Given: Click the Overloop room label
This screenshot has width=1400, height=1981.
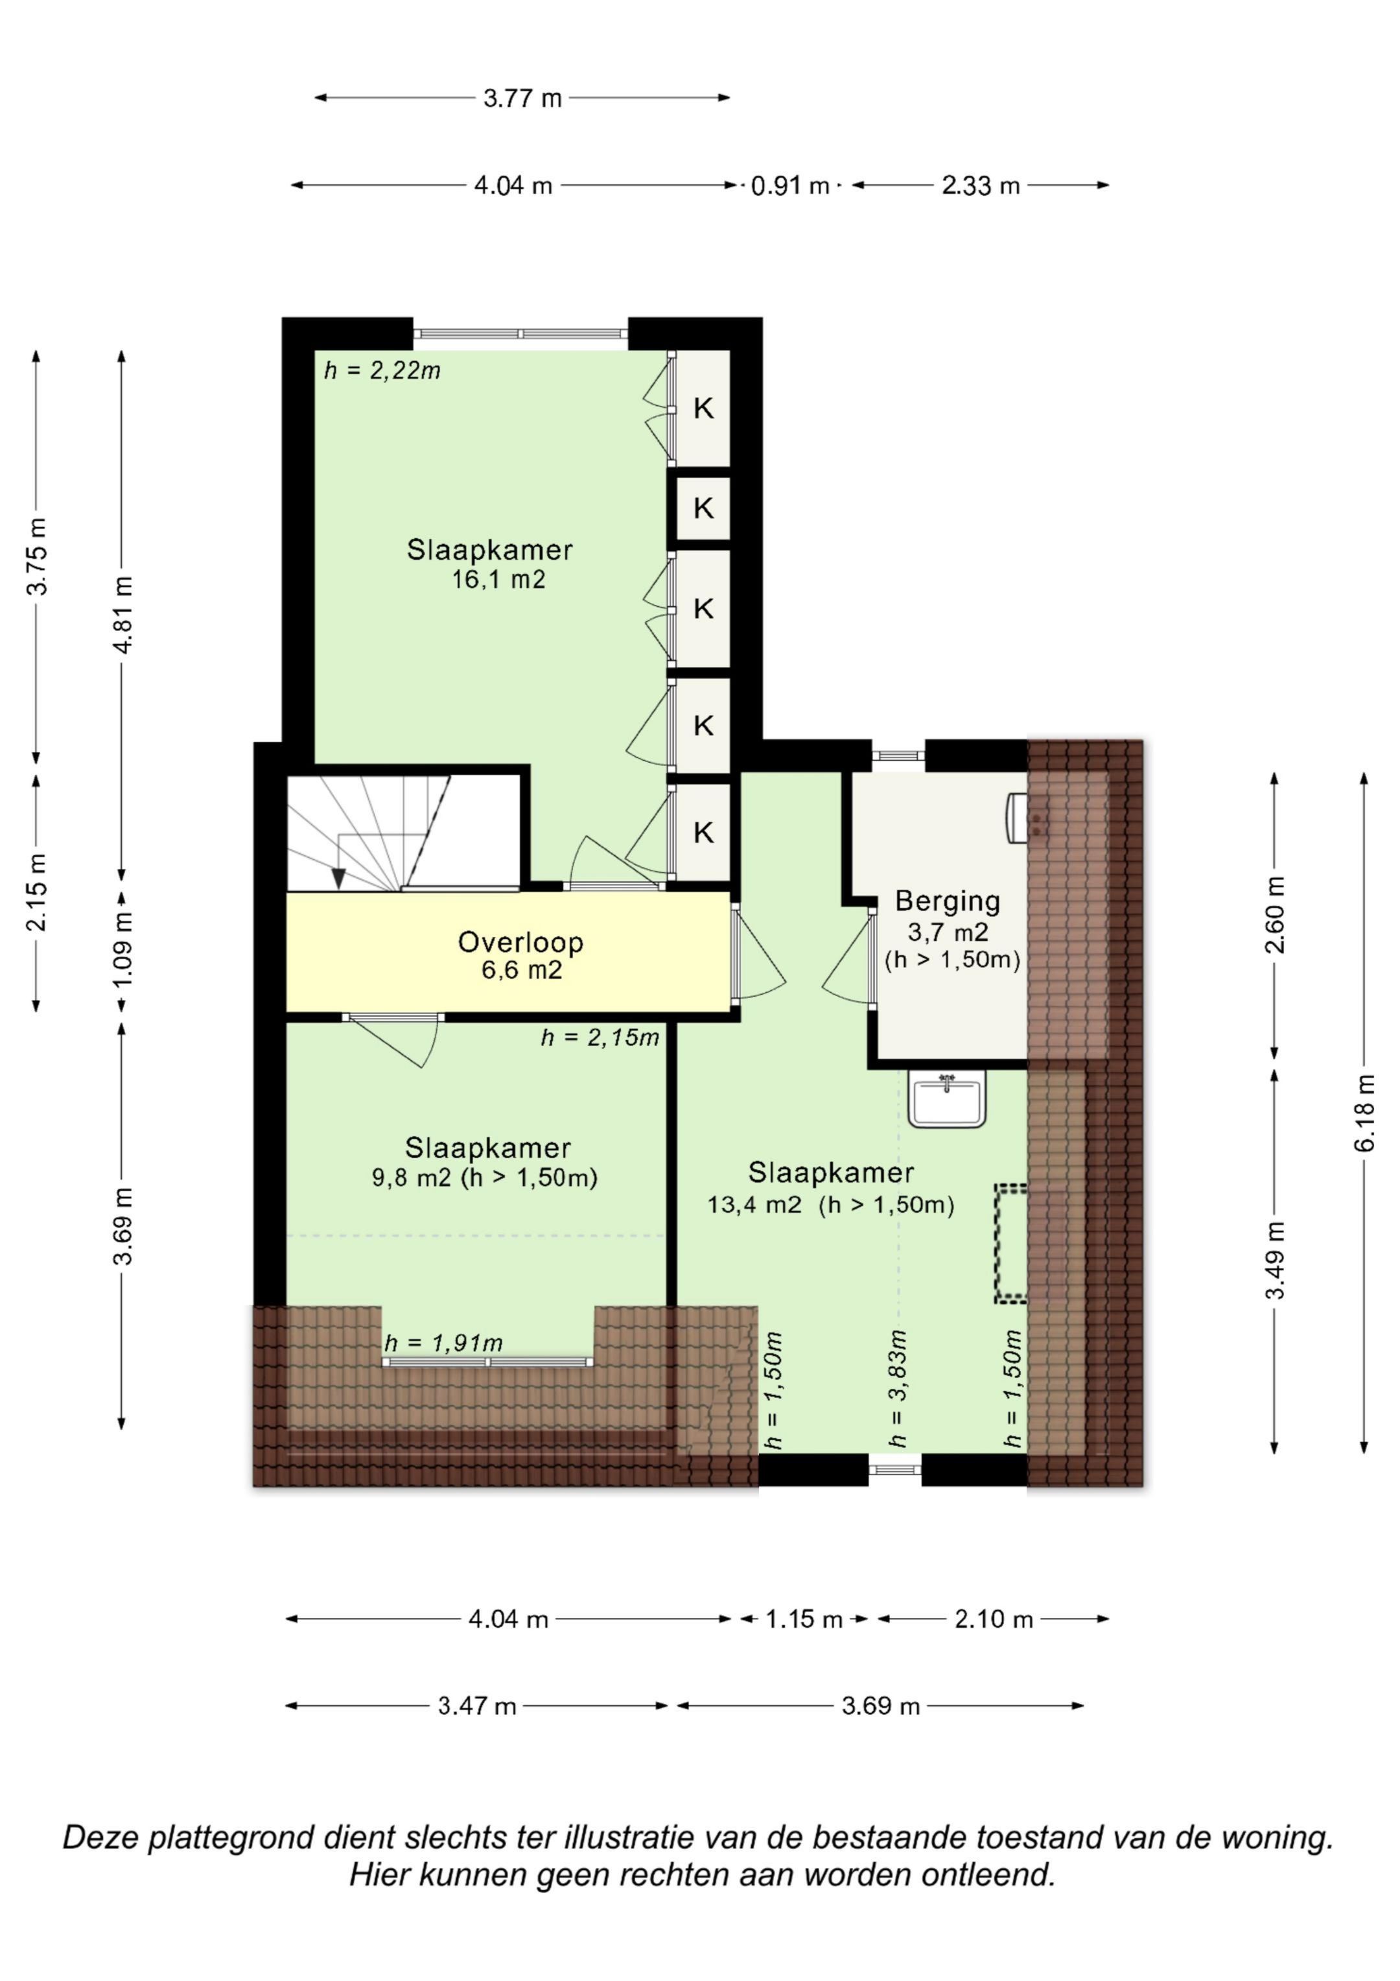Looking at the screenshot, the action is coord(520,942).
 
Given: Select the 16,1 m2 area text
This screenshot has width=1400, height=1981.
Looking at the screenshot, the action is coord(498,579).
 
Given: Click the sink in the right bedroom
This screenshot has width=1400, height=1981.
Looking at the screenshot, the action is coord(946,1099).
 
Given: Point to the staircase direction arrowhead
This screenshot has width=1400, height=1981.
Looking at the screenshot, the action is coord(339,879).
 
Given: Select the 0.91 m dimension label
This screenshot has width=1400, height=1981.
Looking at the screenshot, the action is coord(790,185).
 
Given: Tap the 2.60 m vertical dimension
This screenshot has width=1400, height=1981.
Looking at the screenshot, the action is coord(1274,914).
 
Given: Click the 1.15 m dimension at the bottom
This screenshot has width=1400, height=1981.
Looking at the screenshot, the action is coord(804,1619).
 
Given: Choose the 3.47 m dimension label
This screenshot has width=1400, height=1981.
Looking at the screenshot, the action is coord(477,1706).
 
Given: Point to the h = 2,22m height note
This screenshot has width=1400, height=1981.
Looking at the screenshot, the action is coord(382,371).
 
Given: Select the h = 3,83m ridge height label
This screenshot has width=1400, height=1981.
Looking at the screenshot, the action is coord(898,1388).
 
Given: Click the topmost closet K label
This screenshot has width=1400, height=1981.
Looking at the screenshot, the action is coord(704,408).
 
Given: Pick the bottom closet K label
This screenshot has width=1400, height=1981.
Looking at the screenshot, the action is coord(704,833).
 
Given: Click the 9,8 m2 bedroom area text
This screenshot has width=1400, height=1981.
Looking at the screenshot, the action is coord(484,1178).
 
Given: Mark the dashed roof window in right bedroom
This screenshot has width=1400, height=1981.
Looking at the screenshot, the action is coord(1010,1242).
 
